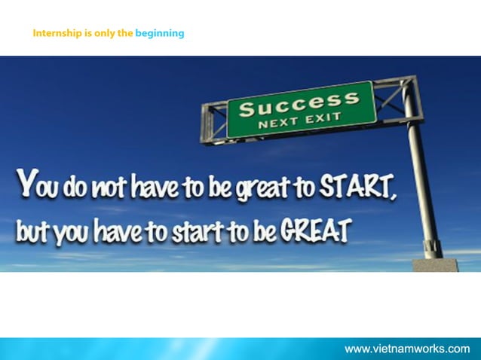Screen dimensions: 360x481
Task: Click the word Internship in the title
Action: pos(57,33)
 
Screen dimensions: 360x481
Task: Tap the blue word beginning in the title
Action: pos(159,33)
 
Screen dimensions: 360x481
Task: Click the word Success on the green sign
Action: pos(299,104)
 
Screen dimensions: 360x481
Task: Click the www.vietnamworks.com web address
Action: pos(407,349)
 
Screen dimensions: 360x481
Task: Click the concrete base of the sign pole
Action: pos(434,264)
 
